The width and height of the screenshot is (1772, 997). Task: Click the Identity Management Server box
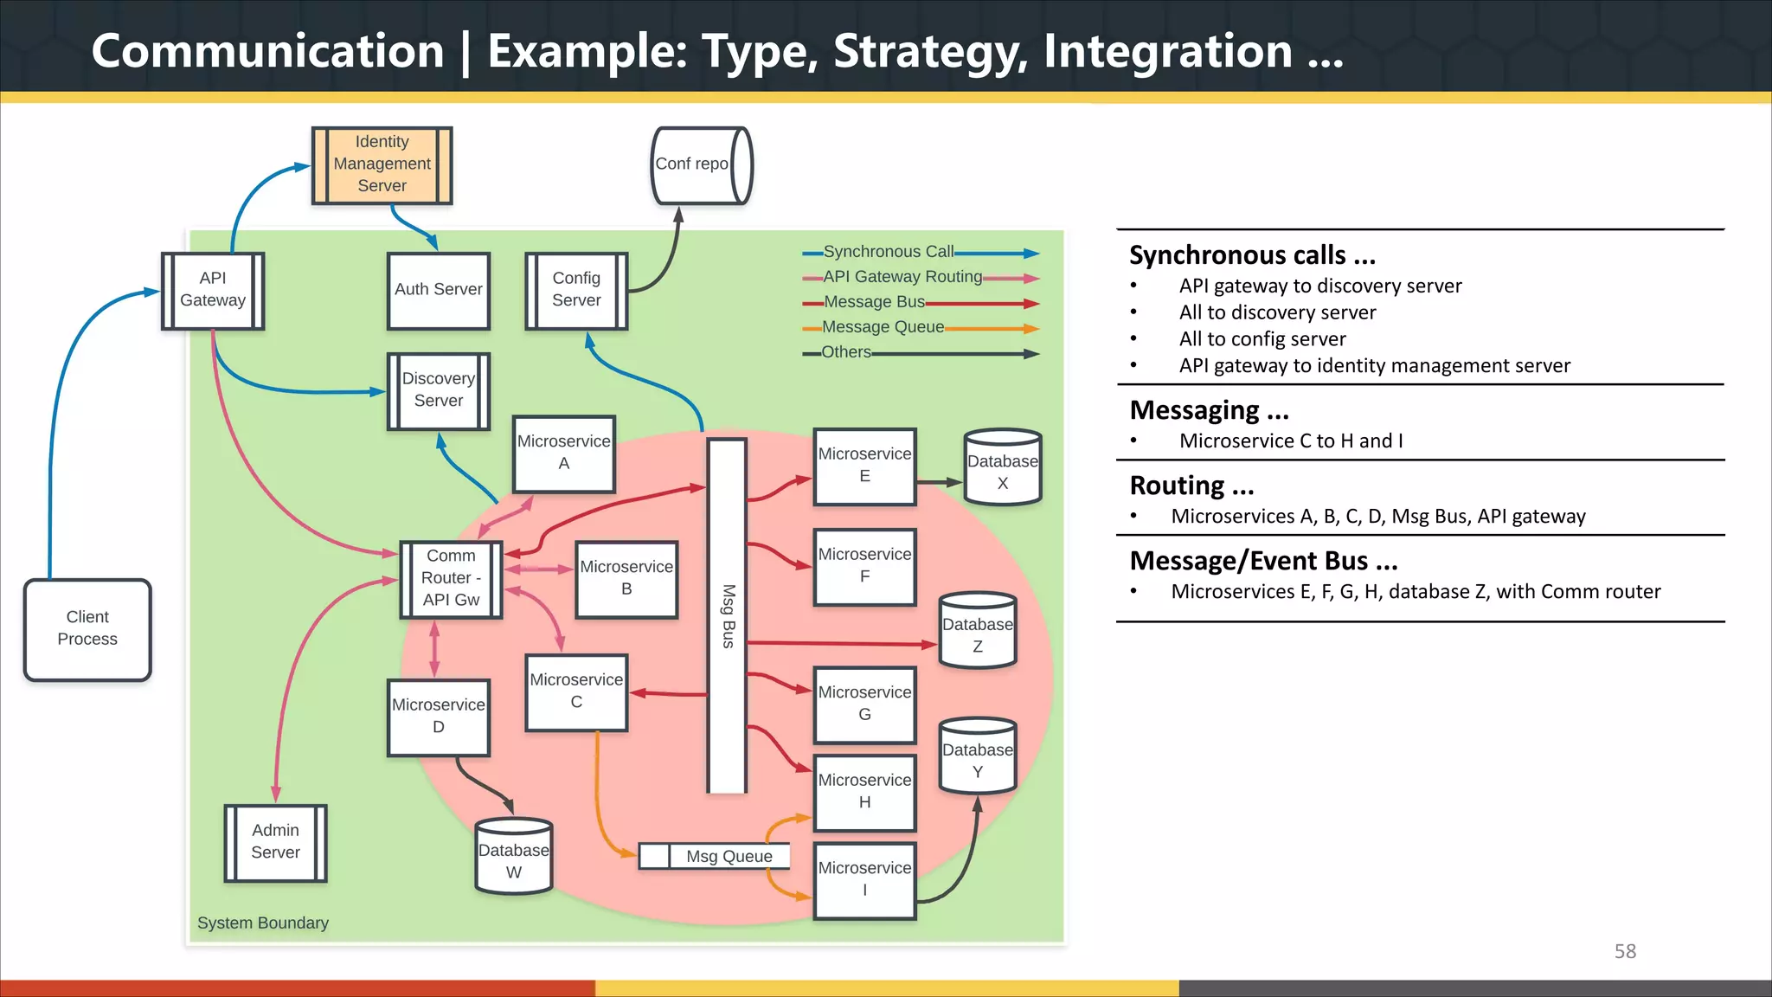coord(382,164)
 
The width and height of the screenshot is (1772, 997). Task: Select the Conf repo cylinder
coord(700,164)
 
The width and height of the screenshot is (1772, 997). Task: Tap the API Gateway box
coord(213,290)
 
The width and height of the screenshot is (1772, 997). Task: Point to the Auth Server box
coord(439,290)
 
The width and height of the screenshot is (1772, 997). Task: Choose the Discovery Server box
coord(439,390)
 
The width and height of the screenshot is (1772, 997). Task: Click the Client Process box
coord(87,629)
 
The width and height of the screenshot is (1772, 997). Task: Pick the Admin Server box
coord(275,842)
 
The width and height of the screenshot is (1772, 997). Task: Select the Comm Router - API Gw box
coord(451,578)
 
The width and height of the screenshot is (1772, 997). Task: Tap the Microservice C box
coord(576,691)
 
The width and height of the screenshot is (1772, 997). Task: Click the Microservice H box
coord(864,792)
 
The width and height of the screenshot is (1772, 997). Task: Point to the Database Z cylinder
coord(978,633)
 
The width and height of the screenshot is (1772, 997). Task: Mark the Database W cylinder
coord(514,857)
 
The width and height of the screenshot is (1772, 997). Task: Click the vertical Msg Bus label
coord(729,616)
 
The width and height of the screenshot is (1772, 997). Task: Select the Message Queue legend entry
coord(883,327)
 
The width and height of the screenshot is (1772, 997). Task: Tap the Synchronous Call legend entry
coord(888,252)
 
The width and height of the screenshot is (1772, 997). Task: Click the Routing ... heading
coord(1191,486)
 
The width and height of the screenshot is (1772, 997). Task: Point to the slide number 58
coord(1625,951)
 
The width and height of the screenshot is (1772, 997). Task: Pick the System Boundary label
coord(263,923)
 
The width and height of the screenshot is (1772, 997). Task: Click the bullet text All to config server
coord(1262,339)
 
